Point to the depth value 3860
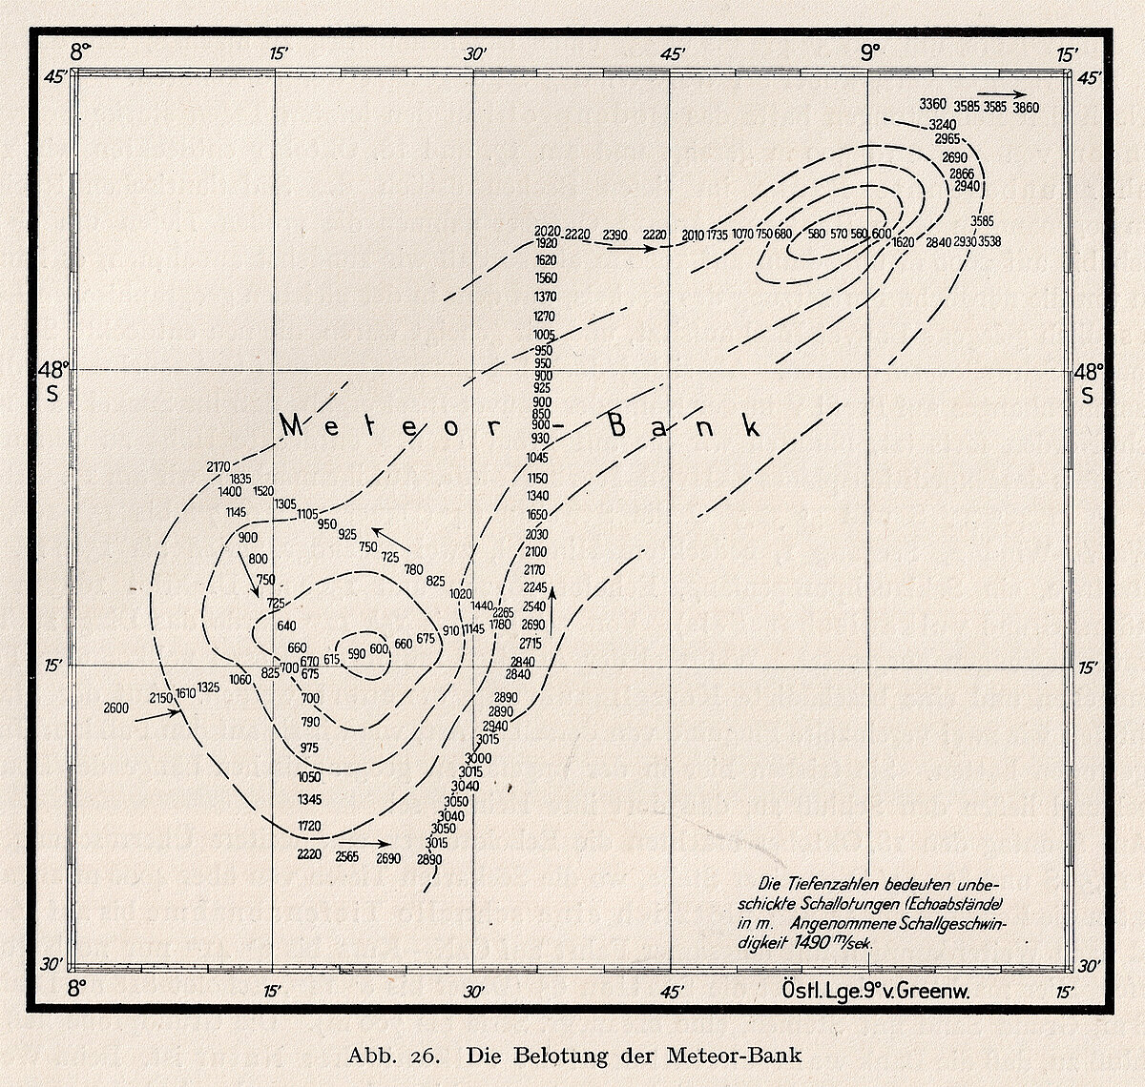(x=1026, y=108)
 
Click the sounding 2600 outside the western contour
(x=115, y=708)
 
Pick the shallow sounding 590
(x=357, y=654)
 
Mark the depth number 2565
(x=346, y=856)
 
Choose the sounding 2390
(x=615, y=235)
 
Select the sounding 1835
(x=239, y=479)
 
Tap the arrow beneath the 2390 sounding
(x=631, y=248)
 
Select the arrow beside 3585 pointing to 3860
(x=1007, y=94)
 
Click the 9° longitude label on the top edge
(x=869, y=52)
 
